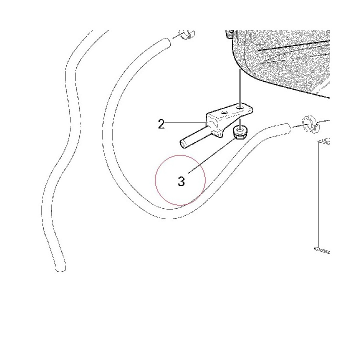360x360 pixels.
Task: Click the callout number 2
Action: (x=161, y=124)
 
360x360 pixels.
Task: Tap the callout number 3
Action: (x=181, y=181)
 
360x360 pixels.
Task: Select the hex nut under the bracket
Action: (x=240, y=133)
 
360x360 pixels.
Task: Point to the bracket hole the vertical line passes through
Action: (x=240, y=107)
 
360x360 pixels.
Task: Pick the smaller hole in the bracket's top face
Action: (x=224, y=112)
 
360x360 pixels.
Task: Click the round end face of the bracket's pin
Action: (x=183, y=144)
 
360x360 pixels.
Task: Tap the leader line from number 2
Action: (x=185, y=123)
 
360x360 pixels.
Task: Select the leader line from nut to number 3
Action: (x=211, y=155)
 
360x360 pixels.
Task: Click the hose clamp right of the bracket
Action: (x=310, y=124)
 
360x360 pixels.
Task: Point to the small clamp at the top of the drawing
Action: (x=188, y=34)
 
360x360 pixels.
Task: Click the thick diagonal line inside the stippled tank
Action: (x=294, y=45)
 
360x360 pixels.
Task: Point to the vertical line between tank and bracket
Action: (x=240, y=86)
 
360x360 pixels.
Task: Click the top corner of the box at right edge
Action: (x=318, y=141)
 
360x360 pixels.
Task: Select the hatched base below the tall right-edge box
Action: (x=322, y=250)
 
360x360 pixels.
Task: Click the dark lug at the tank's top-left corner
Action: (x=230, y=34)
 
